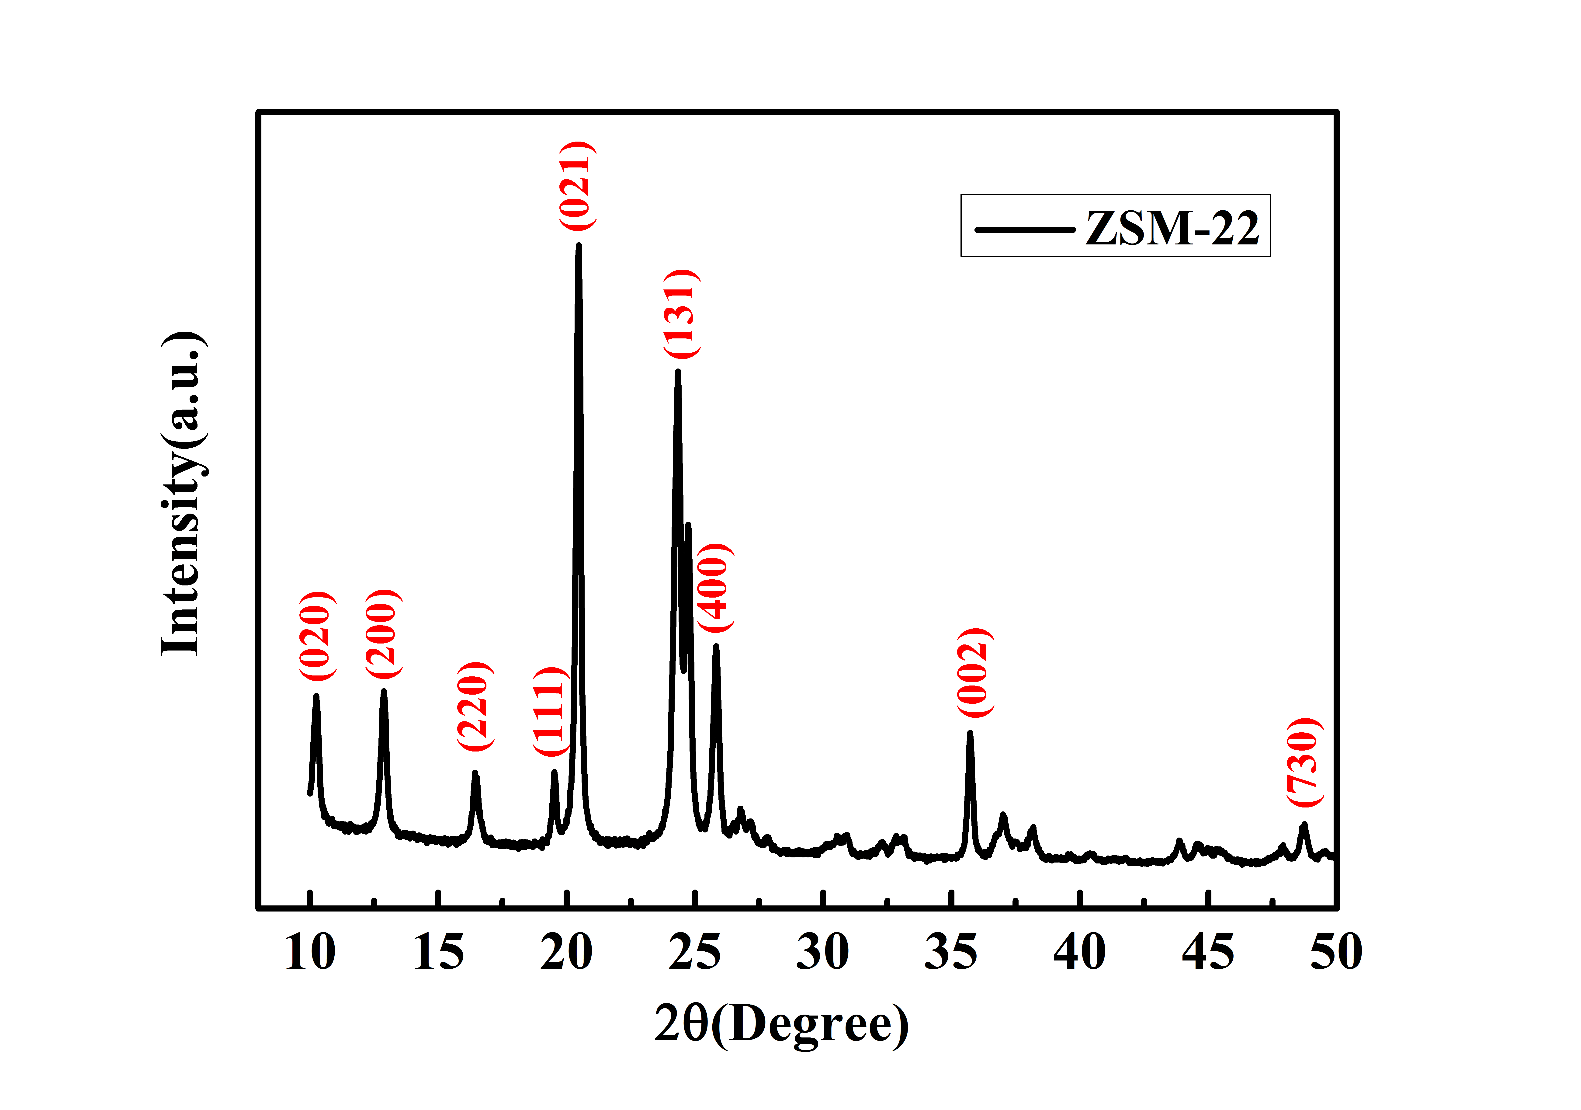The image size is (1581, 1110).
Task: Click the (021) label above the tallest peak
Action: click(576, 185)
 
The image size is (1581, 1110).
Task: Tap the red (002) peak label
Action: click(974, 673)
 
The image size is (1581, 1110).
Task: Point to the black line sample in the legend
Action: click(1025, 229)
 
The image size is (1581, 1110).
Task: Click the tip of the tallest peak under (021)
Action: click(578, 246)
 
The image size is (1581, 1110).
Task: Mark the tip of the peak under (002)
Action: click(970, 733)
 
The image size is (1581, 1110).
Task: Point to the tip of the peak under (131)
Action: click(678, 372)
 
